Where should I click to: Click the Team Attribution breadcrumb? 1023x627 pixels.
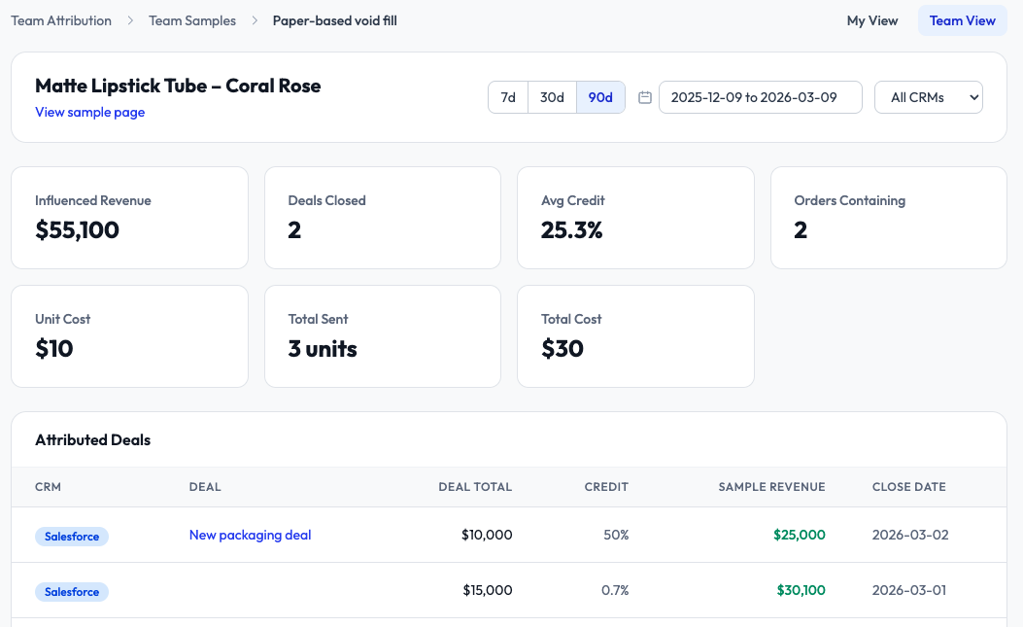pos(61,20)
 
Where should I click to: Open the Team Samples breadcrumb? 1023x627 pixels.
pos(192,20)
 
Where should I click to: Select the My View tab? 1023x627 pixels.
pos(872,20)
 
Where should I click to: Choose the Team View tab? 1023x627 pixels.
pos(962,20)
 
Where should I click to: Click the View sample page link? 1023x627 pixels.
pos(90,112)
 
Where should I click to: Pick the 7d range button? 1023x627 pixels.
pos(508,97)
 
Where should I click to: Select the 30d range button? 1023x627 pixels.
pos(552,97)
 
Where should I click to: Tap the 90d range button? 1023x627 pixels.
pos(600,97)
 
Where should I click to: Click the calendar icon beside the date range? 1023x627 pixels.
pos(645,97)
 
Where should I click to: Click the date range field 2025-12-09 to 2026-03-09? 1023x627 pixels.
pos(760,97)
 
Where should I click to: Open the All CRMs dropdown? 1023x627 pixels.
pos(929,97)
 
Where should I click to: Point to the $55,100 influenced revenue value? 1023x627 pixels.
pos(77,230)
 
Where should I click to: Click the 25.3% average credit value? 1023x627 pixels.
pos(572,230)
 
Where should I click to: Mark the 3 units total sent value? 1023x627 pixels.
pos(323,349)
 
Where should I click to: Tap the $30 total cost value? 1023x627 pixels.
pos(563,349)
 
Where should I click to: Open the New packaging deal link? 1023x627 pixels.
pos(250,535)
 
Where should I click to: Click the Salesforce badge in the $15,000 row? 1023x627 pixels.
pos(72,591)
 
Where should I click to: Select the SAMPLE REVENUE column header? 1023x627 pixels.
pos(771,487)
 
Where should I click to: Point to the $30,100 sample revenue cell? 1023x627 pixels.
pos(801,590)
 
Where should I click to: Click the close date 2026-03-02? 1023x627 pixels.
pos(909,535)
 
